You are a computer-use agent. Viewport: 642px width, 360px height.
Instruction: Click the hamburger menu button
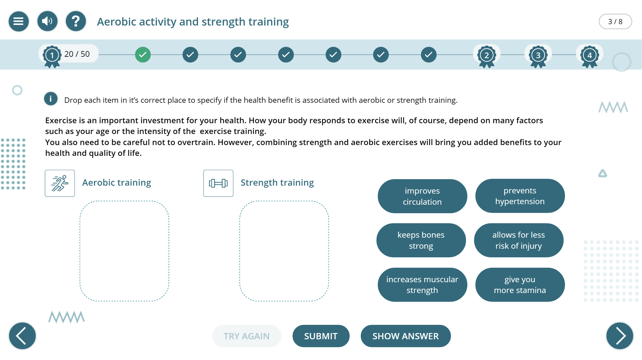19,21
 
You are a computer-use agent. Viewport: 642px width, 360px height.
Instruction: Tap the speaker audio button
47,21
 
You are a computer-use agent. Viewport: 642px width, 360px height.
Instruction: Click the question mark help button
76,21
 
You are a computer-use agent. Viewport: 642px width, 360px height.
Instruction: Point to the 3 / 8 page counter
615,22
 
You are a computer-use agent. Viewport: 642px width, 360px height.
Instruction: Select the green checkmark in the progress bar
143,55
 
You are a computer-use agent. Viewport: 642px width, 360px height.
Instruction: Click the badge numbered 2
487,56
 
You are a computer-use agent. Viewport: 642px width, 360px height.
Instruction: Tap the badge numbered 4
590,56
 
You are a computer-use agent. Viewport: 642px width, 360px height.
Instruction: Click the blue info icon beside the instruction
51,99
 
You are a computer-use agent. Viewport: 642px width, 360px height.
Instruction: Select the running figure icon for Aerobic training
60,183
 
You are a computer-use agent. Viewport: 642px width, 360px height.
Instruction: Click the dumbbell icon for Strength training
218,183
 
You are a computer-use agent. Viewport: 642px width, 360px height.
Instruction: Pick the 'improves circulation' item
422,196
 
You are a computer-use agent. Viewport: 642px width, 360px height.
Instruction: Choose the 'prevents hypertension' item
520,196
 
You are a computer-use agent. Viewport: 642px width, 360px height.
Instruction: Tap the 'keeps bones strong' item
421,240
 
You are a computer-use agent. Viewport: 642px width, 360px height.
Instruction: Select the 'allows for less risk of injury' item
519,240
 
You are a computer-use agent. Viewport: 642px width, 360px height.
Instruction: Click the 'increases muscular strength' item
422,285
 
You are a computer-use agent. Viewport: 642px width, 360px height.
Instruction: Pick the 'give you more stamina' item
520,285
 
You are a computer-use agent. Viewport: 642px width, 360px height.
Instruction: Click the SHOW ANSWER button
406,336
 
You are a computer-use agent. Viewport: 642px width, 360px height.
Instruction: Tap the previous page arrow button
22,336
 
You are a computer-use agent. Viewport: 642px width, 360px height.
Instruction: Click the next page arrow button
620,336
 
